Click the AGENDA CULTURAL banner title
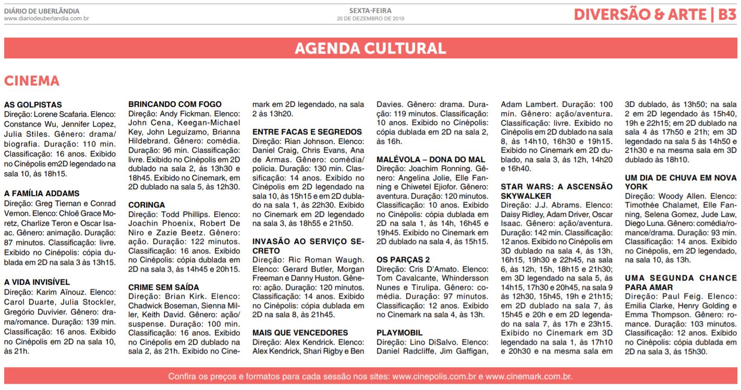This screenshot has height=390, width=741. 370,48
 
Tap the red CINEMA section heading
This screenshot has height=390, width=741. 32,81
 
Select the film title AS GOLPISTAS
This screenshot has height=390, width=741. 33,105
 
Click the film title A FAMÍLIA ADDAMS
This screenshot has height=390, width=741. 42,193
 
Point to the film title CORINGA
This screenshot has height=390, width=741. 147,205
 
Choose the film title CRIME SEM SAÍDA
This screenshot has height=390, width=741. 164,287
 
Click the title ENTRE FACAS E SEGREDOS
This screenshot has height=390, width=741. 307,132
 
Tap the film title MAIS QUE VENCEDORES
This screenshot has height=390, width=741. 300,333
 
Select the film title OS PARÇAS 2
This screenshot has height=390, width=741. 403,260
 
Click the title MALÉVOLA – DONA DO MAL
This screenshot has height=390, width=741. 431,159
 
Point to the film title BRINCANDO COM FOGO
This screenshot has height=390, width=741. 175,104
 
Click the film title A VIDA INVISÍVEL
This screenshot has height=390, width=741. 37,282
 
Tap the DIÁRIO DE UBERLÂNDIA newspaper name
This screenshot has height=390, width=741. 42,11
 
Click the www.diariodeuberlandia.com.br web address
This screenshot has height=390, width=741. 46,19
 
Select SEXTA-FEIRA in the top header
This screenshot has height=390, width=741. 370,10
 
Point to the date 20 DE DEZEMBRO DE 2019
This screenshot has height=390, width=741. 370,19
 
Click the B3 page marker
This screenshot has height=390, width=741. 726,15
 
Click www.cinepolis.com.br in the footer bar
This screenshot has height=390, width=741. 434,376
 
